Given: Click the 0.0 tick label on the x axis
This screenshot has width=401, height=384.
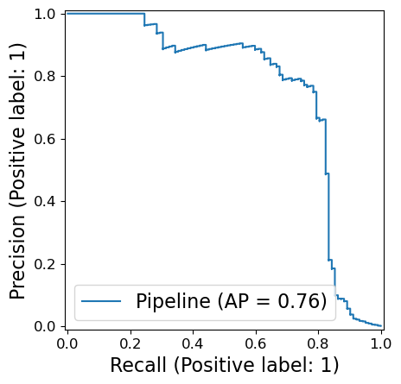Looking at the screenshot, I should [67, 343].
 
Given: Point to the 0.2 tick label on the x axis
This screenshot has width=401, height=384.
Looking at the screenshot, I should [130, 343].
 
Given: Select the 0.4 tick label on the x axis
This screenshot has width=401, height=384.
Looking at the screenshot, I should [193, 343].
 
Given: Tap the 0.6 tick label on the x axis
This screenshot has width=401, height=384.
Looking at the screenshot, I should [256, 343].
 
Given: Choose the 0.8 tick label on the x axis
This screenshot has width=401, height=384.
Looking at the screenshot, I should [318, 343].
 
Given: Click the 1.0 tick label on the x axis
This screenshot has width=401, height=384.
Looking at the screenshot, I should [381, 343].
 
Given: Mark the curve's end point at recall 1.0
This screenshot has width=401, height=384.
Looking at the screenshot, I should [381, 326].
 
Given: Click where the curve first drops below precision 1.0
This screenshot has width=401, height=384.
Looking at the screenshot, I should [144, 14].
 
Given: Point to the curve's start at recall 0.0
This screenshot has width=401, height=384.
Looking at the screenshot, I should [67, 14].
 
